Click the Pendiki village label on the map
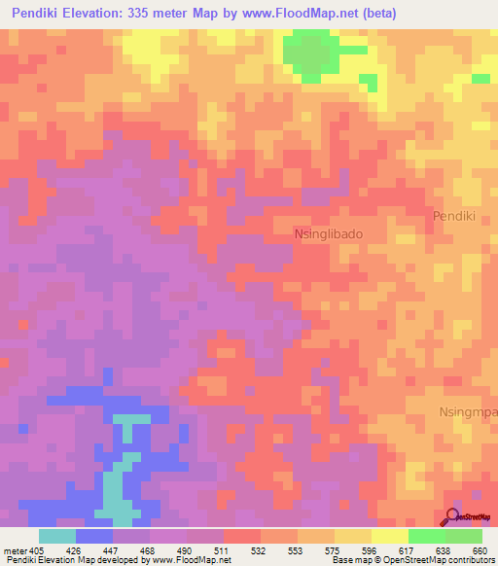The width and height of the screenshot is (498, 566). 452,217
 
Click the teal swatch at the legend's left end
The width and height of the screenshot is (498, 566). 57,536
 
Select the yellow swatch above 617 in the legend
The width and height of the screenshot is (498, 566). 390,536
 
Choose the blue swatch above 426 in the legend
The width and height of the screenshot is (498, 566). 94,536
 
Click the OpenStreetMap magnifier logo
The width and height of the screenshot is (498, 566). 454,516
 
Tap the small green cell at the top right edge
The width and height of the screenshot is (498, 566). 481,78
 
